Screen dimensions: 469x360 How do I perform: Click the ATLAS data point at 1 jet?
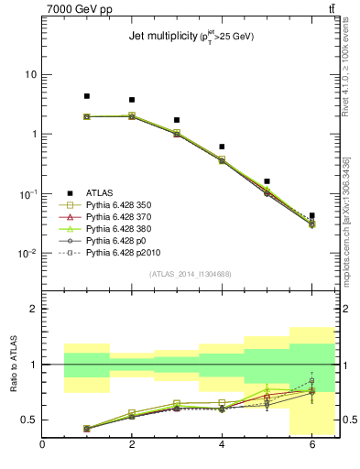[87, 96]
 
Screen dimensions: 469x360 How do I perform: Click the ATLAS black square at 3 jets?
[177, 120]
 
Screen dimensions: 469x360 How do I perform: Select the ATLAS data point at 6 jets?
[312, 216]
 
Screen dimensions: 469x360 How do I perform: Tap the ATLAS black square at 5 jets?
[267, 181]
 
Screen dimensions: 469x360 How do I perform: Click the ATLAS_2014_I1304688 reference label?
[191, 274]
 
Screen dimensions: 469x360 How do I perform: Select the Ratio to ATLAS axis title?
[14, 364]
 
